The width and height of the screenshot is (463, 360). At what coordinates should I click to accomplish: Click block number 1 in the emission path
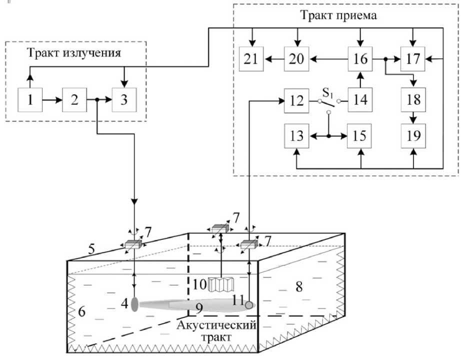click(x=31, y=100)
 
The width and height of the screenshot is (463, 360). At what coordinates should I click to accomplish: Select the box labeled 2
click(x=75, y=100)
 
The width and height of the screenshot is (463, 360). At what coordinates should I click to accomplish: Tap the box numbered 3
click(x=124, y=100)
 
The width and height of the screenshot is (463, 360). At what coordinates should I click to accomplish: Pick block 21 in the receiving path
click(x=250, y=59)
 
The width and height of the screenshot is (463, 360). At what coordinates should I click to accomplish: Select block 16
click(x=360, y=59)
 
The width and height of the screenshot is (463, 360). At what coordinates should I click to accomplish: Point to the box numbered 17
click(x=413, y=59)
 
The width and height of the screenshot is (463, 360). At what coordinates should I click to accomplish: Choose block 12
click(x=296, y=100)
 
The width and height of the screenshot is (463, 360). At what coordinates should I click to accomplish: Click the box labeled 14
click(x=360, y=100)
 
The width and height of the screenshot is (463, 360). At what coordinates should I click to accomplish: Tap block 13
click(x=296, y=136)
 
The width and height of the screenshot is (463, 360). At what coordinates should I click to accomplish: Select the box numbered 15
click(x=360, y=136)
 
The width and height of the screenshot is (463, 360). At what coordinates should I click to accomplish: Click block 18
click(x=413, y=100)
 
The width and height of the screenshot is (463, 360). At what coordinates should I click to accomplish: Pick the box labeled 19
click(x=413, y=136)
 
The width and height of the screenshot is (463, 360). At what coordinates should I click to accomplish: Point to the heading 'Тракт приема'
click(x=338, y=15)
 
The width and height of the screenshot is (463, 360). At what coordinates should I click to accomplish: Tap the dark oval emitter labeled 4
click(x=134, y=304)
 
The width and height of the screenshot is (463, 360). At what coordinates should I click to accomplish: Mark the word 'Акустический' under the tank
click(x=217, y=326)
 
